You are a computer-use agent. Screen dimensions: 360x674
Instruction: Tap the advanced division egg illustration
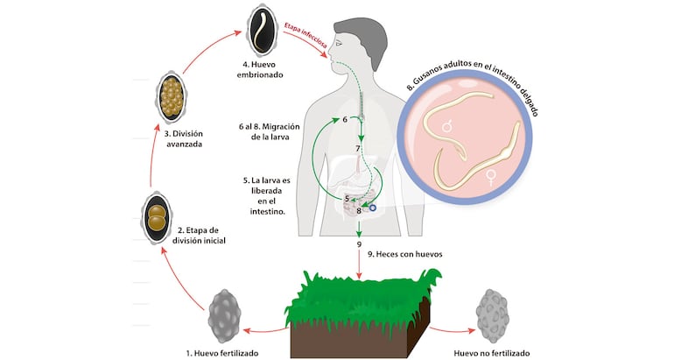[170, 98]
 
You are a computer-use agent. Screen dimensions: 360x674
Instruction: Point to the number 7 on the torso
[358, 150]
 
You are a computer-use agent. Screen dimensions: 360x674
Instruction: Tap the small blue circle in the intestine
[373, 208]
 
